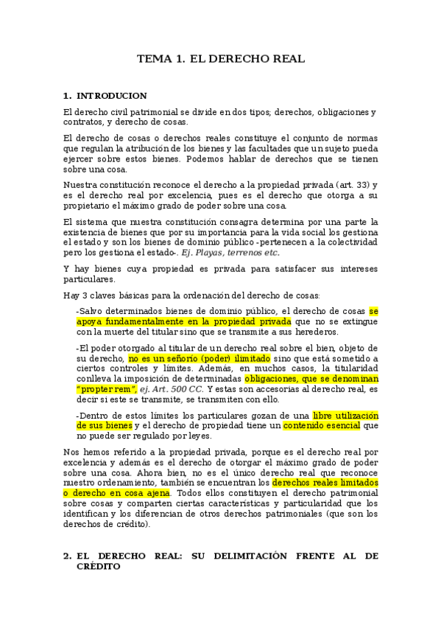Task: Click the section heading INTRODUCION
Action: [111, 96]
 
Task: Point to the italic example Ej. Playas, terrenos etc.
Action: [231, 252]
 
